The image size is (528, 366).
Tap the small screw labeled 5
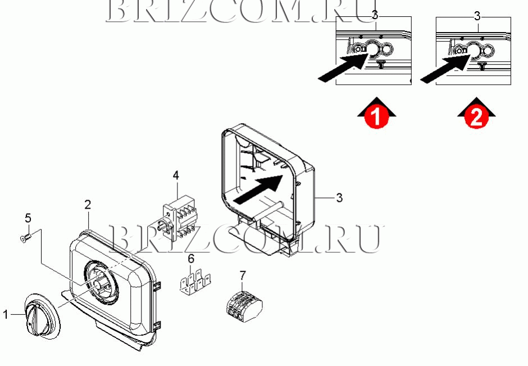pos(26,238)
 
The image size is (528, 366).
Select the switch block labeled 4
pos(177,216)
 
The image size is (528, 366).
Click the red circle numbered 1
pos(376,116)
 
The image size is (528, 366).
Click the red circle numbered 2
pos(476,116)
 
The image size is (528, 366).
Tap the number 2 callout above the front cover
pos(88,205)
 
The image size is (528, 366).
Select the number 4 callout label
pos(176,175)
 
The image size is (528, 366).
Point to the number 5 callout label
pos(28,218)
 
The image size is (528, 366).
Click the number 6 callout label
pos(191,259)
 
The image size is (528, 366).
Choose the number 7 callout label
pos(243,275)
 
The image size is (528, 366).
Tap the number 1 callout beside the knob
pos(6,315)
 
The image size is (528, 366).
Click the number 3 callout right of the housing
pos(339,197)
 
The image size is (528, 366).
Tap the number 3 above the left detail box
pos(375,15)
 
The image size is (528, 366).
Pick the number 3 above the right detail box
pos(477,16)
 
